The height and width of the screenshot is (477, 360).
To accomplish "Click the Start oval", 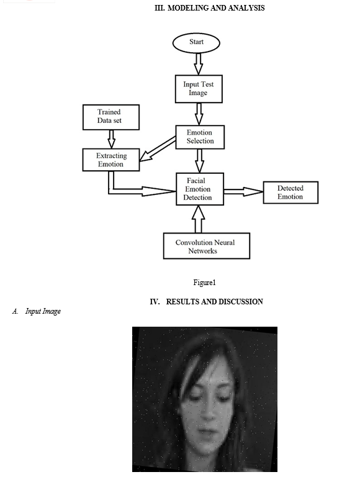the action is pyautogui.click(x=196, y=43).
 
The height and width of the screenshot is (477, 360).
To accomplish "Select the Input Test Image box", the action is pyautogui.click(x=199, y=89).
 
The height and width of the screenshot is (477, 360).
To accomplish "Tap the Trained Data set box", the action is pyautogui.click(x=111, y=117).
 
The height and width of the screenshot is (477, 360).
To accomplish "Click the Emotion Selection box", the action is pyautogui.click(x=200, y=137).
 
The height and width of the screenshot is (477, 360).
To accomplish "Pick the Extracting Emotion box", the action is pyautogui.click(x=111, y=160).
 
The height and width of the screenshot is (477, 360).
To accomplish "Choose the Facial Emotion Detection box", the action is pyautogui.click(x=200, y=189).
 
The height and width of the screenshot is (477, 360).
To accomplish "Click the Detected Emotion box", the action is pyautogui.click(x=290, y=193).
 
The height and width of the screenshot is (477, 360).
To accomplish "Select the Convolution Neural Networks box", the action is pyautogui.click(x=207, y=246).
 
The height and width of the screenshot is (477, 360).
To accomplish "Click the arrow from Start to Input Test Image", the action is pyautogui.click(x=199, y=64).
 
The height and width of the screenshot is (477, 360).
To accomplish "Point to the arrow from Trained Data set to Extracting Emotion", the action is pyautogui.click(x=112, y=139).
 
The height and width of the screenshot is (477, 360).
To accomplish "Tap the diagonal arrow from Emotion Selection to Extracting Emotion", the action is pyautogui.click(x=158, y=149).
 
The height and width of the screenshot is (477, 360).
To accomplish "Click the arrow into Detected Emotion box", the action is pyautogui.click(x=243, y=192).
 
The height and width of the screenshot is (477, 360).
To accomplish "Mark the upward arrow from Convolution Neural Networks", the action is pyautogui.click(x=199, y=219).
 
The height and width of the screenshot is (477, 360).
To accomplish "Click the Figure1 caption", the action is pyautogui.click(x=204, y=283).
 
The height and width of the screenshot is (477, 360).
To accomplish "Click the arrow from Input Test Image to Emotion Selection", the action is pyautogui.click(x=199, y=114).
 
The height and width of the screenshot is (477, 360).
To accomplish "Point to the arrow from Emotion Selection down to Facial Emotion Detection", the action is pyautogui.click(x=199, y=161).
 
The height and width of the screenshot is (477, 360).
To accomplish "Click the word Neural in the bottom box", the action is pyautogui.click(x=225, y=242).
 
